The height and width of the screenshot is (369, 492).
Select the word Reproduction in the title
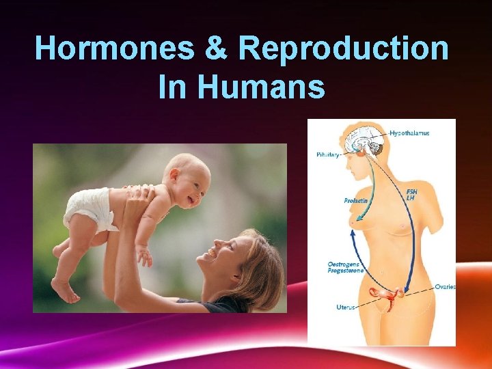(344, 49)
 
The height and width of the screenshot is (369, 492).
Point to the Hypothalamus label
(410, 133)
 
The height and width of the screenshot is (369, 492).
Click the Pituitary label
(327, 155)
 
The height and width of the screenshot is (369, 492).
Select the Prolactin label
(356, 200)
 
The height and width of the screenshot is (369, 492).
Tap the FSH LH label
(412, 195)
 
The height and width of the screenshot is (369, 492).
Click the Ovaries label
(445, 287)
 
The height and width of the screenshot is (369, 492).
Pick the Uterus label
(345, 307)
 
